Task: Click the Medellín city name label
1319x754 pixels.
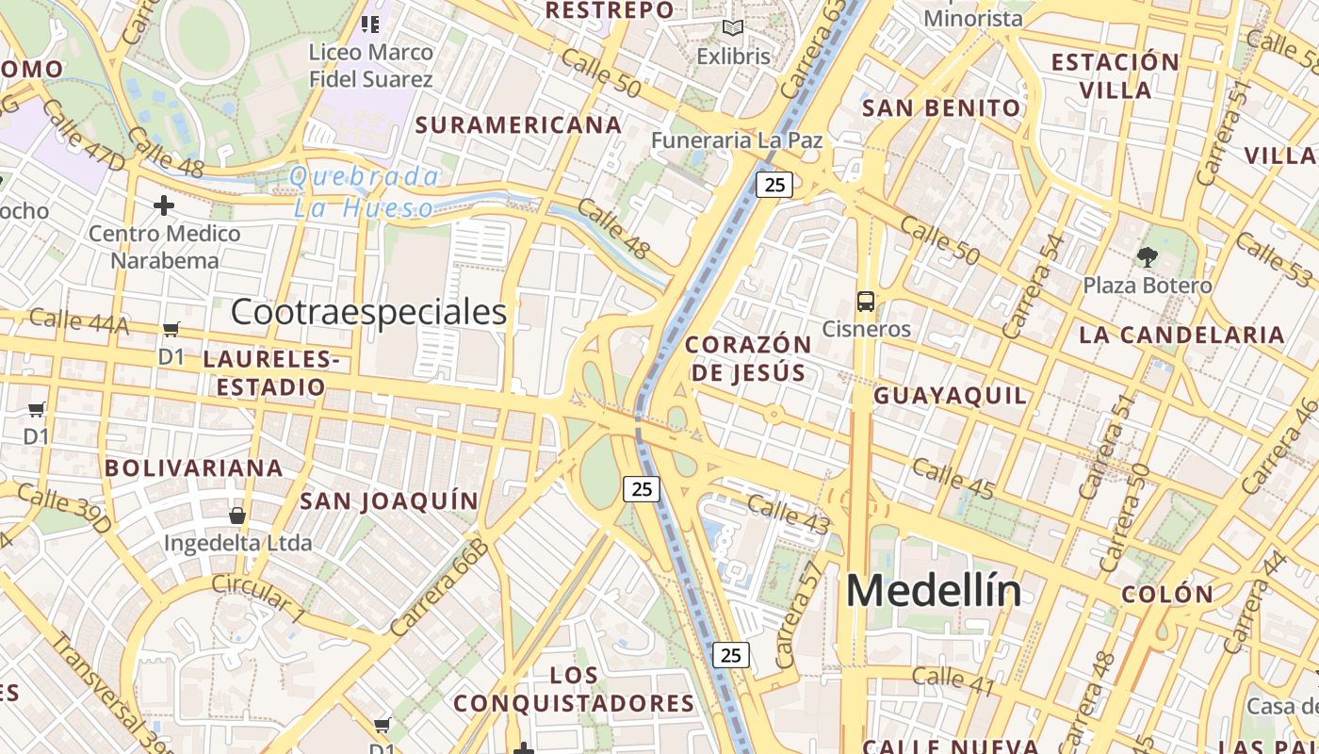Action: pos(933,591)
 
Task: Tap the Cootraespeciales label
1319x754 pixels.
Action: pos(368,312)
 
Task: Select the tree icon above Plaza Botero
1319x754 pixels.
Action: pos(1148,256)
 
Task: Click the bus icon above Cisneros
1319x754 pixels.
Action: pos(865,302)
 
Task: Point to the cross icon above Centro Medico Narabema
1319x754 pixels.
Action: pos(164,205)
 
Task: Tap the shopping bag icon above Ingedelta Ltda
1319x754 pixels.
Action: pos(237,516)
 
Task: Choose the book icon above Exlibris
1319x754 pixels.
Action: pos(733,28)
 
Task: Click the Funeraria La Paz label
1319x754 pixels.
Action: pos(737,140)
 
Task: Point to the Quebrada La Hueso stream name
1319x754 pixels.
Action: pos(365,191)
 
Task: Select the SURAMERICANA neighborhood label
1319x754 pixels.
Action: pos(518,124)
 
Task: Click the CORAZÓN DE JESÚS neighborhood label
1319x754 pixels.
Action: pos(748,358)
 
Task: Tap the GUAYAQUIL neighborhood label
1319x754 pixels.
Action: pos(950,395)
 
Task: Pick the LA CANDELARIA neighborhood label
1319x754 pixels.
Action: pos(1181,335)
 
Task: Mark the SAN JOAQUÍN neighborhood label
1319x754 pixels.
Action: pos(389,500)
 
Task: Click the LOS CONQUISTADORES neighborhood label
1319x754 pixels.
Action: pos(574,689)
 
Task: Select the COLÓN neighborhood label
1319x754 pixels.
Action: pos(1167,595)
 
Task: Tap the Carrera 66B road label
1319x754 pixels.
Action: pos(440,587)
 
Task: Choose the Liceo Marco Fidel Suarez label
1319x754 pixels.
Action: pos(371,65)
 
